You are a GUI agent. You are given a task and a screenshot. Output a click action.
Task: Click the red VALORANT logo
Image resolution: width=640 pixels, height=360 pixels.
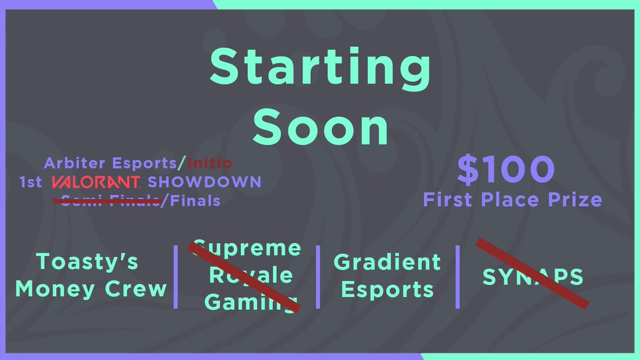pyautogui.click(x=96, y=182)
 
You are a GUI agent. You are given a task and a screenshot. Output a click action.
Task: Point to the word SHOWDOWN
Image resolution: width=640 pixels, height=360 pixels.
pyautogui.click(x=204, y=182)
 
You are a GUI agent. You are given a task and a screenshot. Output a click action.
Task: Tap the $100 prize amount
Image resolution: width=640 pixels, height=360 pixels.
pyautogui.click(x=506, y=169)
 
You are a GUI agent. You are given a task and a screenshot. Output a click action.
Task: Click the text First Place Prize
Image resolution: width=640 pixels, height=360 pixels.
pyautogui.click(x=512, y=199)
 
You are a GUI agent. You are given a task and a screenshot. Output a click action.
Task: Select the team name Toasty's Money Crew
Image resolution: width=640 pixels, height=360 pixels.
pyautogui.click(x=91, y=275)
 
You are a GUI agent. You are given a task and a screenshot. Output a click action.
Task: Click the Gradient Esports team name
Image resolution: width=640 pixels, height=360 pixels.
pyautogui.click(x=387, y=276)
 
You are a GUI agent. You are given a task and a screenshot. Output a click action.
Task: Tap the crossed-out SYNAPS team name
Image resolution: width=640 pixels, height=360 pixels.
pyautogui.click(x=532, y=276)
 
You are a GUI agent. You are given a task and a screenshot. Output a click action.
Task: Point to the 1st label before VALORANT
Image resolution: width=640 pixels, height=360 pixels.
pyautogui.click(x=30, y=182)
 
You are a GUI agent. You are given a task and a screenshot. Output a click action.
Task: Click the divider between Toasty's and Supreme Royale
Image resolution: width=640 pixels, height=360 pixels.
pyautogui.click(x=176, y=276)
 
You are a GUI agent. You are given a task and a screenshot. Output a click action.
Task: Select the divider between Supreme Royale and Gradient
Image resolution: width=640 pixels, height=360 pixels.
pyautogui.click(x=318, y=276)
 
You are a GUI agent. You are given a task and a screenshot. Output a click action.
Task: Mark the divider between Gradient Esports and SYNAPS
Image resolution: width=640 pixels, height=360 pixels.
pyautogui.click(x=458, y=276)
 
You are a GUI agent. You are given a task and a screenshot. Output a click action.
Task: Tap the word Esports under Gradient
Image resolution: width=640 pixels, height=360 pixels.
pyautogui.click(x=387, y=290)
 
